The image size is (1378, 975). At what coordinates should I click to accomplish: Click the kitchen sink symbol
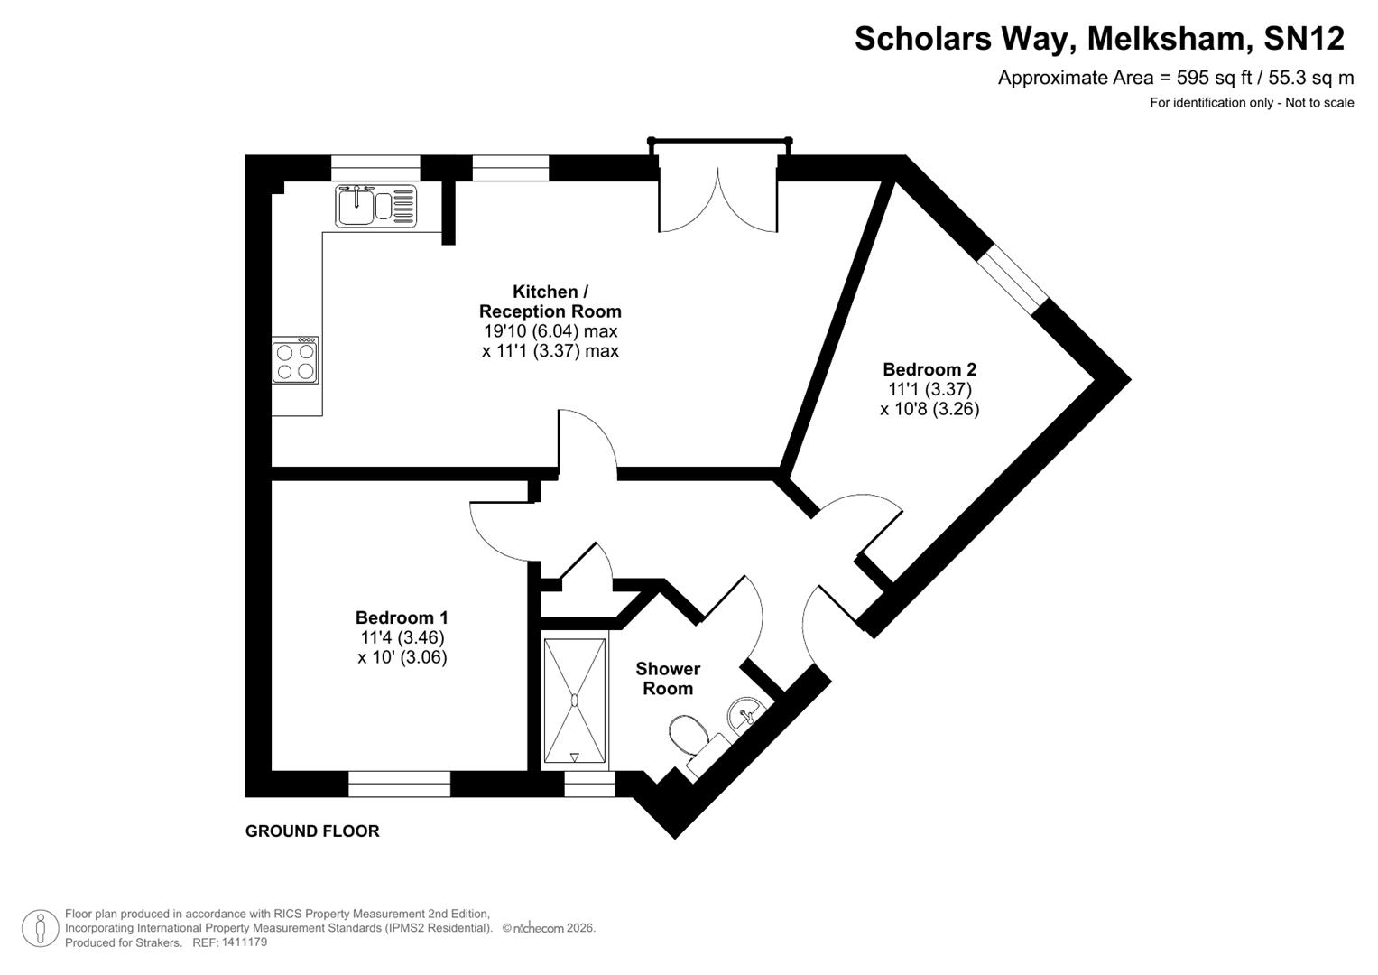pos(376,206)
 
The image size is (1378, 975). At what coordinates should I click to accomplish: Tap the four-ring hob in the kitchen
pos(295,360)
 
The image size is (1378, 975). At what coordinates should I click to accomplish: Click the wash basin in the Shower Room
pos(745,712)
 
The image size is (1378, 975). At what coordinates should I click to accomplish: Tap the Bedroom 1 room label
pos(402,618)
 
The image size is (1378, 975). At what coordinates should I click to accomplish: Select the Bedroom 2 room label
pos(929,369)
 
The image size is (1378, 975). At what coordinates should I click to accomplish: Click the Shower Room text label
pos(668,679)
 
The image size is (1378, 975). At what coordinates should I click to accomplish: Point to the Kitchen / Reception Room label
pos(550,302)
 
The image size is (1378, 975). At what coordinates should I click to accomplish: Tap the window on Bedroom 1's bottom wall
pos(399,784)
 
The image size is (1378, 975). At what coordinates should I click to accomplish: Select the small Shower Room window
pos(589,784)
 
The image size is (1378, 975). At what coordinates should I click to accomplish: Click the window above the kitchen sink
pos(375,168)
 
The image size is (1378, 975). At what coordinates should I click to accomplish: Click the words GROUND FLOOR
pos(312,831)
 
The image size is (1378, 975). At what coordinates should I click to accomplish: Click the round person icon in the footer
pos(41,928)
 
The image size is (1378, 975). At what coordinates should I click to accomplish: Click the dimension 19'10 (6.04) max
pos(550,331)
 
